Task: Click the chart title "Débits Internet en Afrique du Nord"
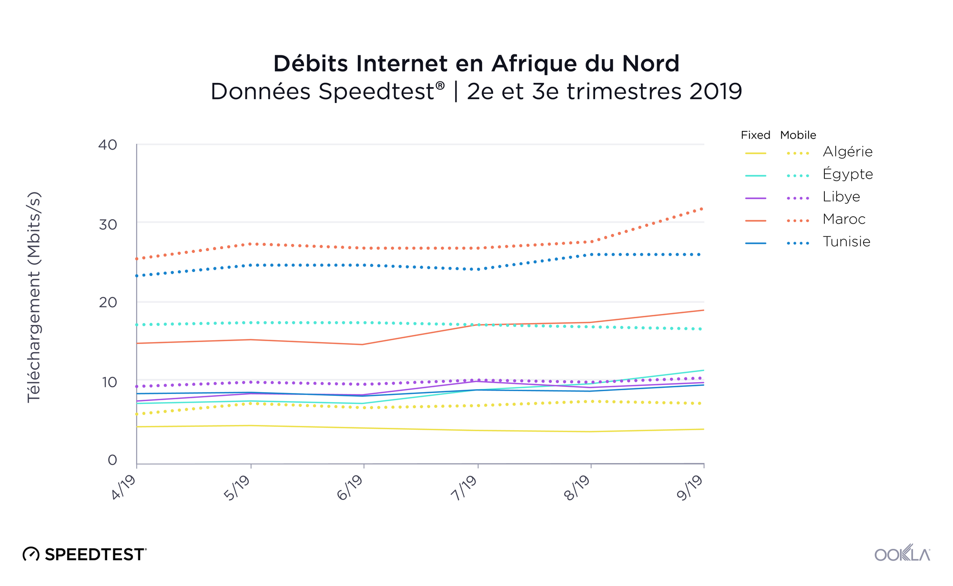click(476, 63)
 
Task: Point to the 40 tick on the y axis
click(108, 145)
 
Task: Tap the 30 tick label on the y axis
click(108, 224)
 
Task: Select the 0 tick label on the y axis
click(112, 460)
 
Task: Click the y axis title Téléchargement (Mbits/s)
click(34, 297)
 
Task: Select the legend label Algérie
click(847, 152)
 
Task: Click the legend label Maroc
click(843, 219)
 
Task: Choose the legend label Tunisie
click(846, 242)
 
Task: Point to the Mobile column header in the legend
click(798, 135)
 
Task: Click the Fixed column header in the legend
click(755, 135)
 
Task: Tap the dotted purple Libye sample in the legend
click(798, 198)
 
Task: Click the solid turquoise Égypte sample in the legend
click(756, 176)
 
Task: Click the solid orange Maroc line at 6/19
click(364, 344)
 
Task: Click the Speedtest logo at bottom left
click(85, 554)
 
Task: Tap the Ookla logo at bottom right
click(902, 554)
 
